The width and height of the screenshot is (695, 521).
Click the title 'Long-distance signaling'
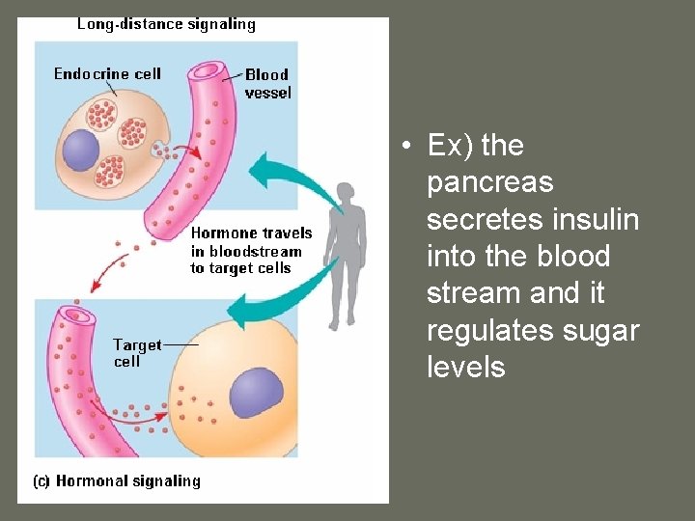point(166,24)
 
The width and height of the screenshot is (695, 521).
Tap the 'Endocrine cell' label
point(107,74)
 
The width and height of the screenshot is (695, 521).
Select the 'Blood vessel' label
point(266,84)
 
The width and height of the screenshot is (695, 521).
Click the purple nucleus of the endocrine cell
point(81,151)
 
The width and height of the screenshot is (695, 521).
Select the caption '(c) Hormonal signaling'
point(117,480)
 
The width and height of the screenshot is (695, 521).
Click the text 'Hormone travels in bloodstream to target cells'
point(251,251)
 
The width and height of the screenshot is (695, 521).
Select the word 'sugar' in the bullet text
point(601,330)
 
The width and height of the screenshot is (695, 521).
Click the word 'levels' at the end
point(465,367)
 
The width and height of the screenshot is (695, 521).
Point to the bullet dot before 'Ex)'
point(409,147)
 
